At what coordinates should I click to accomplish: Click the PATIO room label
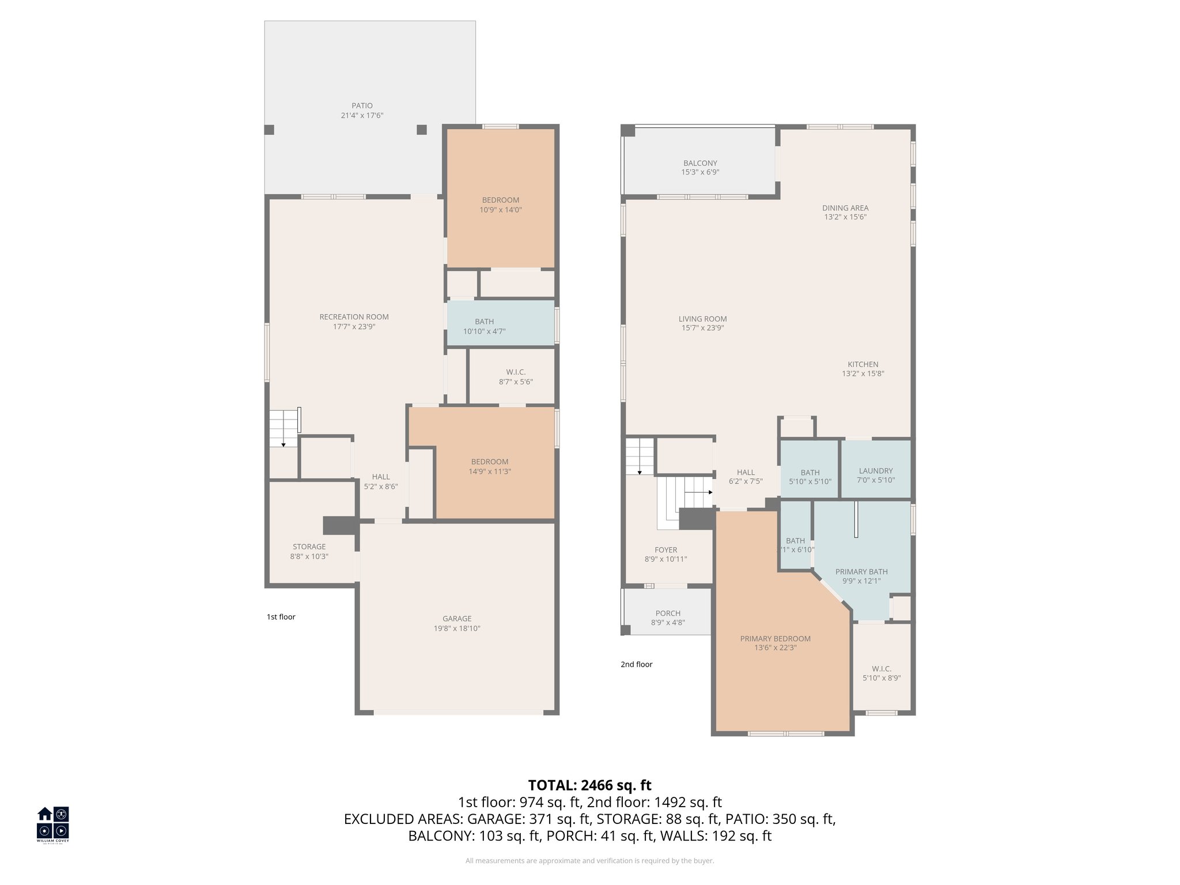click(362, 106)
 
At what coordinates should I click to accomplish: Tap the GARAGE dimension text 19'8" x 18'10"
click(457, 629)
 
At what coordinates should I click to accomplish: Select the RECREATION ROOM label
click(354, 317)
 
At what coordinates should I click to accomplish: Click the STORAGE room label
click(309, 547)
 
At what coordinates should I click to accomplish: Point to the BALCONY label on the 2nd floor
click(700, 164)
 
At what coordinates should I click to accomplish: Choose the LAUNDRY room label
click(875, 471)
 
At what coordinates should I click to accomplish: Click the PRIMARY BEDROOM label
click(775, 638)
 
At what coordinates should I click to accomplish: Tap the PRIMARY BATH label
click(861, 572)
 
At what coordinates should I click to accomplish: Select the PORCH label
click(668, 613)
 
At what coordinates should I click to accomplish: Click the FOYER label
click(665, 550)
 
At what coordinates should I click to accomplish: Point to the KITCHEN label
click(863, 364)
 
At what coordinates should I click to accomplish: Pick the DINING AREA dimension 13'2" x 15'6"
click(845, 217)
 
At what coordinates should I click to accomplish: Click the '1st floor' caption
click(281, 617)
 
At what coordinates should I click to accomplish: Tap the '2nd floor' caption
click(636, 664)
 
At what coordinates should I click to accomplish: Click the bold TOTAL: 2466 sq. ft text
click(589, 785)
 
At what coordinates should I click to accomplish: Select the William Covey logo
click(53, 824)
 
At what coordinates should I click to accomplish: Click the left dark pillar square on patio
click(269, 130)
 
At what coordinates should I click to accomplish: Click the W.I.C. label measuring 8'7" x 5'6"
click(516, 372)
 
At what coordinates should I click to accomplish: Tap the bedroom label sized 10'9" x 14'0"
click(500, 201)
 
